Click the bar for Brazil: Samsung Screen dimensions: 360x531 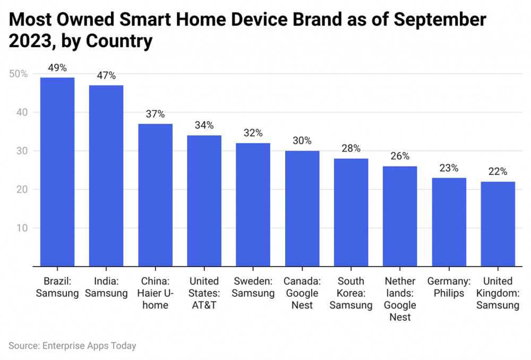point(57,172)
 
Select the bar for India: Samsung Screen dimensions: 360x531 point(106,175)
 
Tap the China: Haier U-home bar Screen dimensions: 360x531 point(155,195)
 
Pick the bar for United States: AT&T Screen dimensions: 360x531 point(204,201)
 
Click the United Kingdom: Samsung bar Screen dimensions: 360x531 point(498,224)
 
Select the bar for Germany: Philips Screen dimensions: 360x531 point(449,222)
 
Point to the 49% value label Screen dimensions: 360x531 point(57,68)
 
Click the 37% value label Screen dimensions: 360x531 point(155,114)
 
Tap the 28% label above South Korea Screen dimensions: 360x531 point(351,149)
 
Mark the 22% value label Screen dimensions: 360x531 point(498,172)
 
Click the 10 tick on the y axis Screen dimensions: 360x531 point(21,228)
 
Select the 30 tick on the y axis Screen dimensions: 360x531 point(21,151)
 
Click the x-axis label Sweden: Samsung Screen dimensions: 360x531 point(253,287)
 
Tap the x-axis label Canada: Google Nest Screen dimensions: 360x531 point(302,293)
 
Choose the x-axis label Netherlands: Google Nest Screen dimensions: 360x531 point(400,299)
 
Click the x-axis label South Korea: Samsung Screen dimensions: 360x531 point(351,293)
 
